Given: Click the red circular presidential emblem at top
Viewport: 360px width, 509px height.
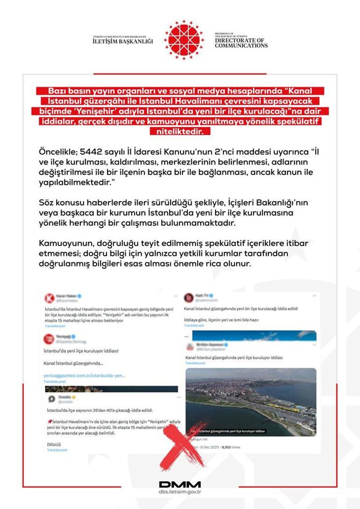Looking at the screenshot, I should (x=184, y=40).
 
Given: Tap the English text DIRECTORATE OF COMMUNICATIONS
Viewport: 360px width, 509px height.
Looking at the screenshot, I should (x=241, y=43).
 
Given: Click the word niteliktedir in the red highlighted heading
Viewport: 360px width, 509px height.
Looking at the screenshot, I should (x=180, y=132).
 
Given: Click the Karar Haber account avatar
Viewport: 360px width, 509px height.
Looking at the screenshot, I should (x=48, y=298).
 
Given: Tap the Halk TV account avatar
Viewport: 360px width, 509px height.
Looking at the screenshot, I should (x=188, y=298).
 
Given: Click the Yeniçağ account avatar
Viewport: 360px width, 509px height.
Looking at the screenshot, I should (x=48, y=338).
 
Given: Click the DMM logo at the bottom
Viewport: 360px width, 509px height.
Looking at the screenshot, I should (x=180, y=485).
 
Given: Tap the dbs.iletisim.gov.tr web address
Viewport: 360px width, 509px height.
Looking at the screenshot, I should (x=180, y=492).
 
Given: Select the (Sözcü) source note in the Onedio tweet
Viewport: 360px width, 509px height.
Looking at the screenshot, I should (x=54, y=443).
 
